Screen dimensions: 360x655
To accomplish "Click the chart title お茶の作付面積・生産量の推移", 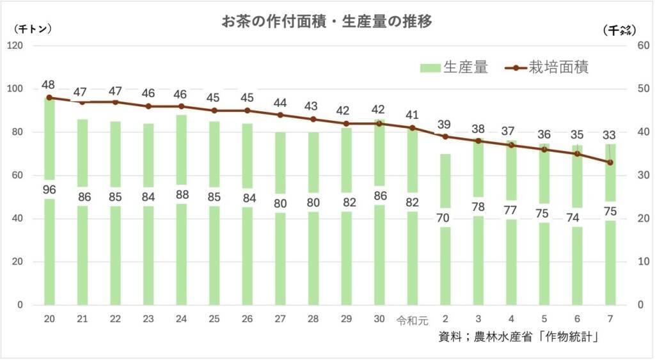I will [x=327, y=22].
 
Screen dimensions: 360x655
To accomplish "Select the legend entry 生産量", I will [x=455, y=68].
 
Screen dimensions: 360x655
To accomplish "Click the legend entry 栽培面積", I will [x=549, y=68].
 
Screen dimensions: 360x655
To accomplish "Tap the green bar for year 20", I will [x=49, y=256].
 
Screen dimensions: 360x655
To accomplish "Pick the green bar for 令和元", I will [x=412, y=256].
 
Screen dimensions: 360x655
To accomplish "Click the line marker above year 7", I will [x=610, y=162].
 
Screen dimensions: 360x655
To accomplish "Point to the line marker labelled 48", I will [x=49, y=98].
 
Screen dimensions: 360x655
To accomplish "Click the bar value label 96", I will [x=49, y=189].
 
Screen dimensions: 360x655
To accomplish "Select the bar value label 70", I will [x=445, y=217].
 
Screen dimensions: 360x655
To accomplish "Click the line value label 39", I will [x=445, y=123].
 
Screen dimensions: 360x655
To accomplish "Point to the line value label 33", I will [x=610, y=136].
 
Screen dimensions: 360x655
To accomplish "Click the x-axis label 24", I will [x=181, y=319].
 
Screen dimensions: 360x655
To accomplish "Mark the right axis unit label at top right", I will [x=617, y=29].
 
